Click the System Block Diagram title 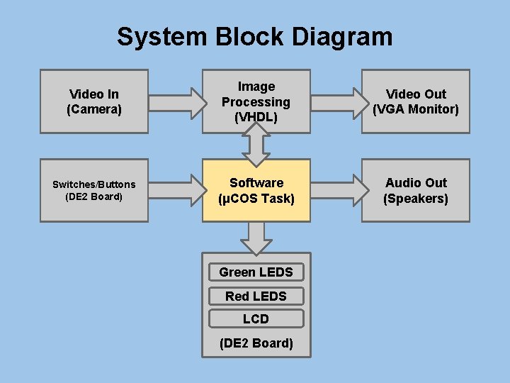(254, 36)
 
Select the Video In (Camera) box (93, 101)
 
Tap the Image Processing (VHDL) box (256, 101)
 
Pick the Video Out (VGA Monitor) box (416, 101)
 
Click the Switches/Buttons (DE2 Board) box (93, 190)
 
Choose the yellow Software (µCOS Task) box (256, 190)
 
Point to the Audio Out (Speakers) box (416, 190)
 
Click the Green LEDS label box (256, 272)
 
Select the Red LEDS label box (256, 296)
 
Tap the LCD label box (256, 318)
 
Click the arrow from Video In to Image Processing (176, 101)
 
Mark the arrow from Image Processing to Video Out (336, 101)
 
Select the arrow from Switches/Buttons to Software (176, 190)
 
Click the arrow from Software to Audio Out (336, 190)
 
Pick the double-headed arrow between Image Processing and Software (256, 145)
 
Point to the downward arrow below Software (256, 237)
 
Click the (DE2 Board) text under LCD (256, 343)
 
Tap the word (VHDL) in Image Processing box (256, 118)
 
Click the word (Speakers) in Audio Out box (416, 199)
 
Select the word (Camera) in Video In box (93, 109)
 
